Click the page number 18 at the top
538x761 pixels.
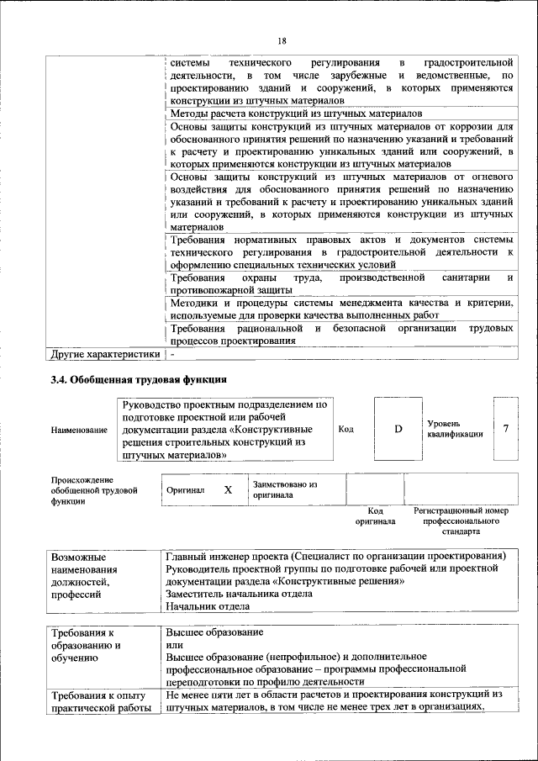tap(282, 41)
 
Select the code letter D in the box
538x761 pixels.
tap(398, 429)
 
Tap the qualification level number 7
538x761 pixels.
tap(506, 429)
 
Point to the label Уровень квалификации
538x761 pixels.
tap(455, 429)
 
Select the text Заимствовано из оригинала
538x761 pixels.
tap(284, 489)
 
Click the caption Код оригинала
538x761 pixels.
tap(376, 515)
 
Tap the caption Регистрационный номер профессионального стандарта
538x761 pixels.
tap(462, 521)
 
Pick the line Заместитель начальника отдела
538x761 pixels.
tap(239, 593)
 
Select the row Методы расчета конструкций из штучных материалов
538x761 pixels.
tap(295, 113)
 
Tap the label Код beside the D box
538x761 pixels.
tap(345, 429)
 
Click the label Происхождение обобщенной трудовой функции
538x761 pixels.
tap(93, 489)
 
